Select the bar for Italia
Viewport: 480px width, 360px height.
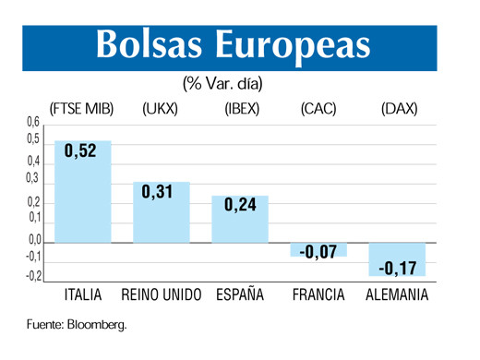[x=83, y=194]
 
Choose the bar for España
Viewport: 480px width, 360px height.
[x=240, y=220]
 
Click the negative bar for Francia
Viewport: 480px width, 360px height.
[x=318, y=249]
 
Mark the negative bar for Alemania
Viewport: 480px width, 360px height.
[x=397, y=258]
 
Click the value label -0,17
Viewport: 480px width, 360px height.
[x=397, y=269]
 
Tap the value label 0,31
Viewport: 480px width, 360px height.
[x=160, y=192]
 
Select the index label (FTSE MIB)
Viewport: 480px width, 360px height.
[x=81, y=109]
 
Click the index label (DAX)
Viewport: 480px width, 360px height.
[x=399, y=109]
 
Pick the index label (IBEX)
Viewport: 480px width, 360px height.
[x=242, y=109]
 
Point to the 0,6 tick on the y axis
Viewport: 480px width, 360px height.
[x=33, y=122]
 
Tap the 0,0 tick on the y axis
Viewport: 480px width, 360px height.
[x=33, y=240]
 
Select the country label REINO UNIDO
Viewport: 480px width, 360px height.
[x=162, y=295]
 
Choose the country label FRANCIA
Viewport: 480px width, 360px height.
[x=318, y=295]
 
